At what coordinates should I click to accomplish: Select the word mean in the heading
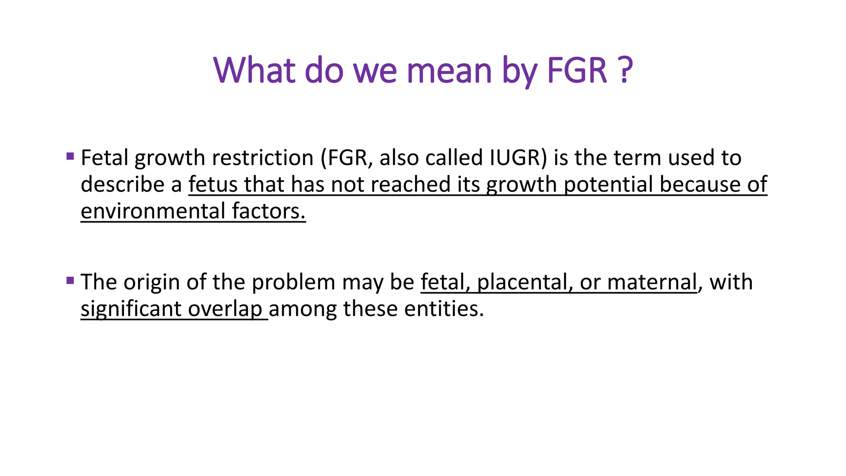(449, 71)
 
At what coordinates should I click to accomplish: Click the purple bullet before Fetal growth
(70, 157)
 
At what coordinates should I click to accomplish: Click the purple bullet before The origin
(70, 281)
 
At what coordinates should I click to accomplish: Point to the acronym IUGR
(515, 158)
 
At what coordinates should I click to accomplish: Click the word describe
(122, 185)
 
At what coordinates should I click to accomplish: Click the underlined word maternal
(652, 282)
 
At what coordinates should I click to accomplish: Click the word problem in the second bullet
(293, 283)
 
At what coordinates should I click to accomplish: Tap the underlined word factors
(269, 211)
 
